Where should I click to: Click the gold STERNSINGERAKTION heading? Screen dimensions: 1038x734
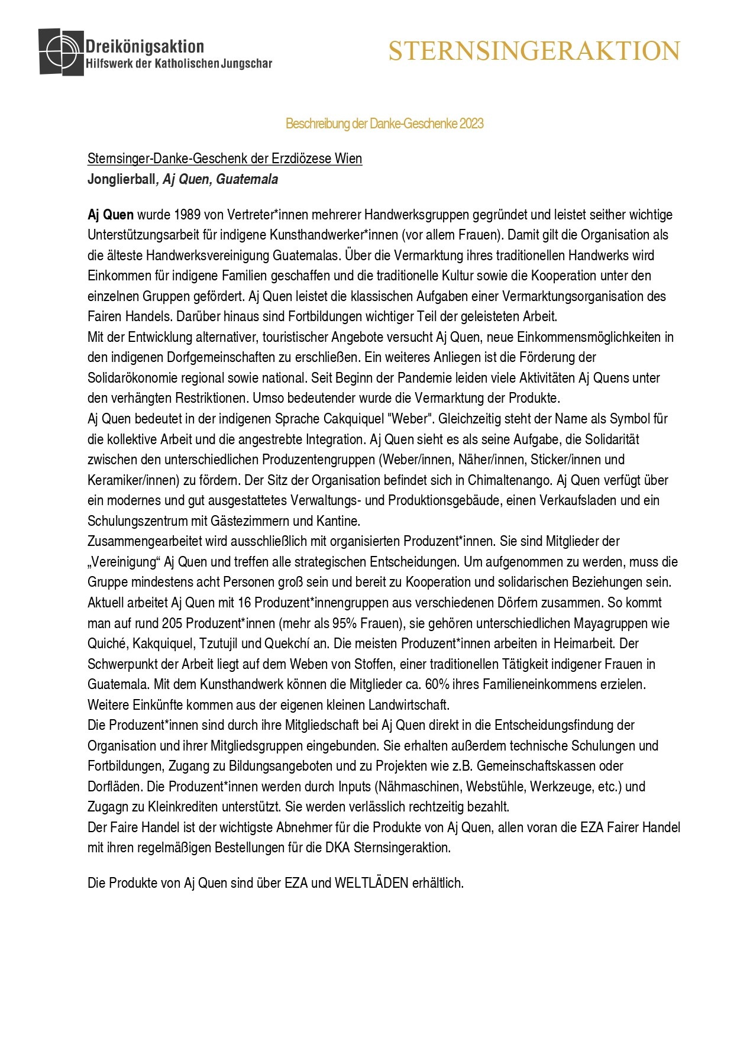(534, 51)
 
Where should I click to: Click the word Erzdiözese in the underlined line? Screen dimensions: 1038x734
(302, 159)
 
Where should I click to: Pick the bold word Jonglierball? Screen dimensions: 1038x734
(121, 179)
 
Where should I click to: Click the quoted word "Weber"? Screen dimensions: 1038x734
(409, 419)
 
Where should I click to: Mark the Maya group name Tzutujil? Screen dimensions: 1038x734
(219, 644)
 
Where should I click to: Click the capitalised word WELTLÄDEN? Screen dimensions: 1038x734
(371, 883)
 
